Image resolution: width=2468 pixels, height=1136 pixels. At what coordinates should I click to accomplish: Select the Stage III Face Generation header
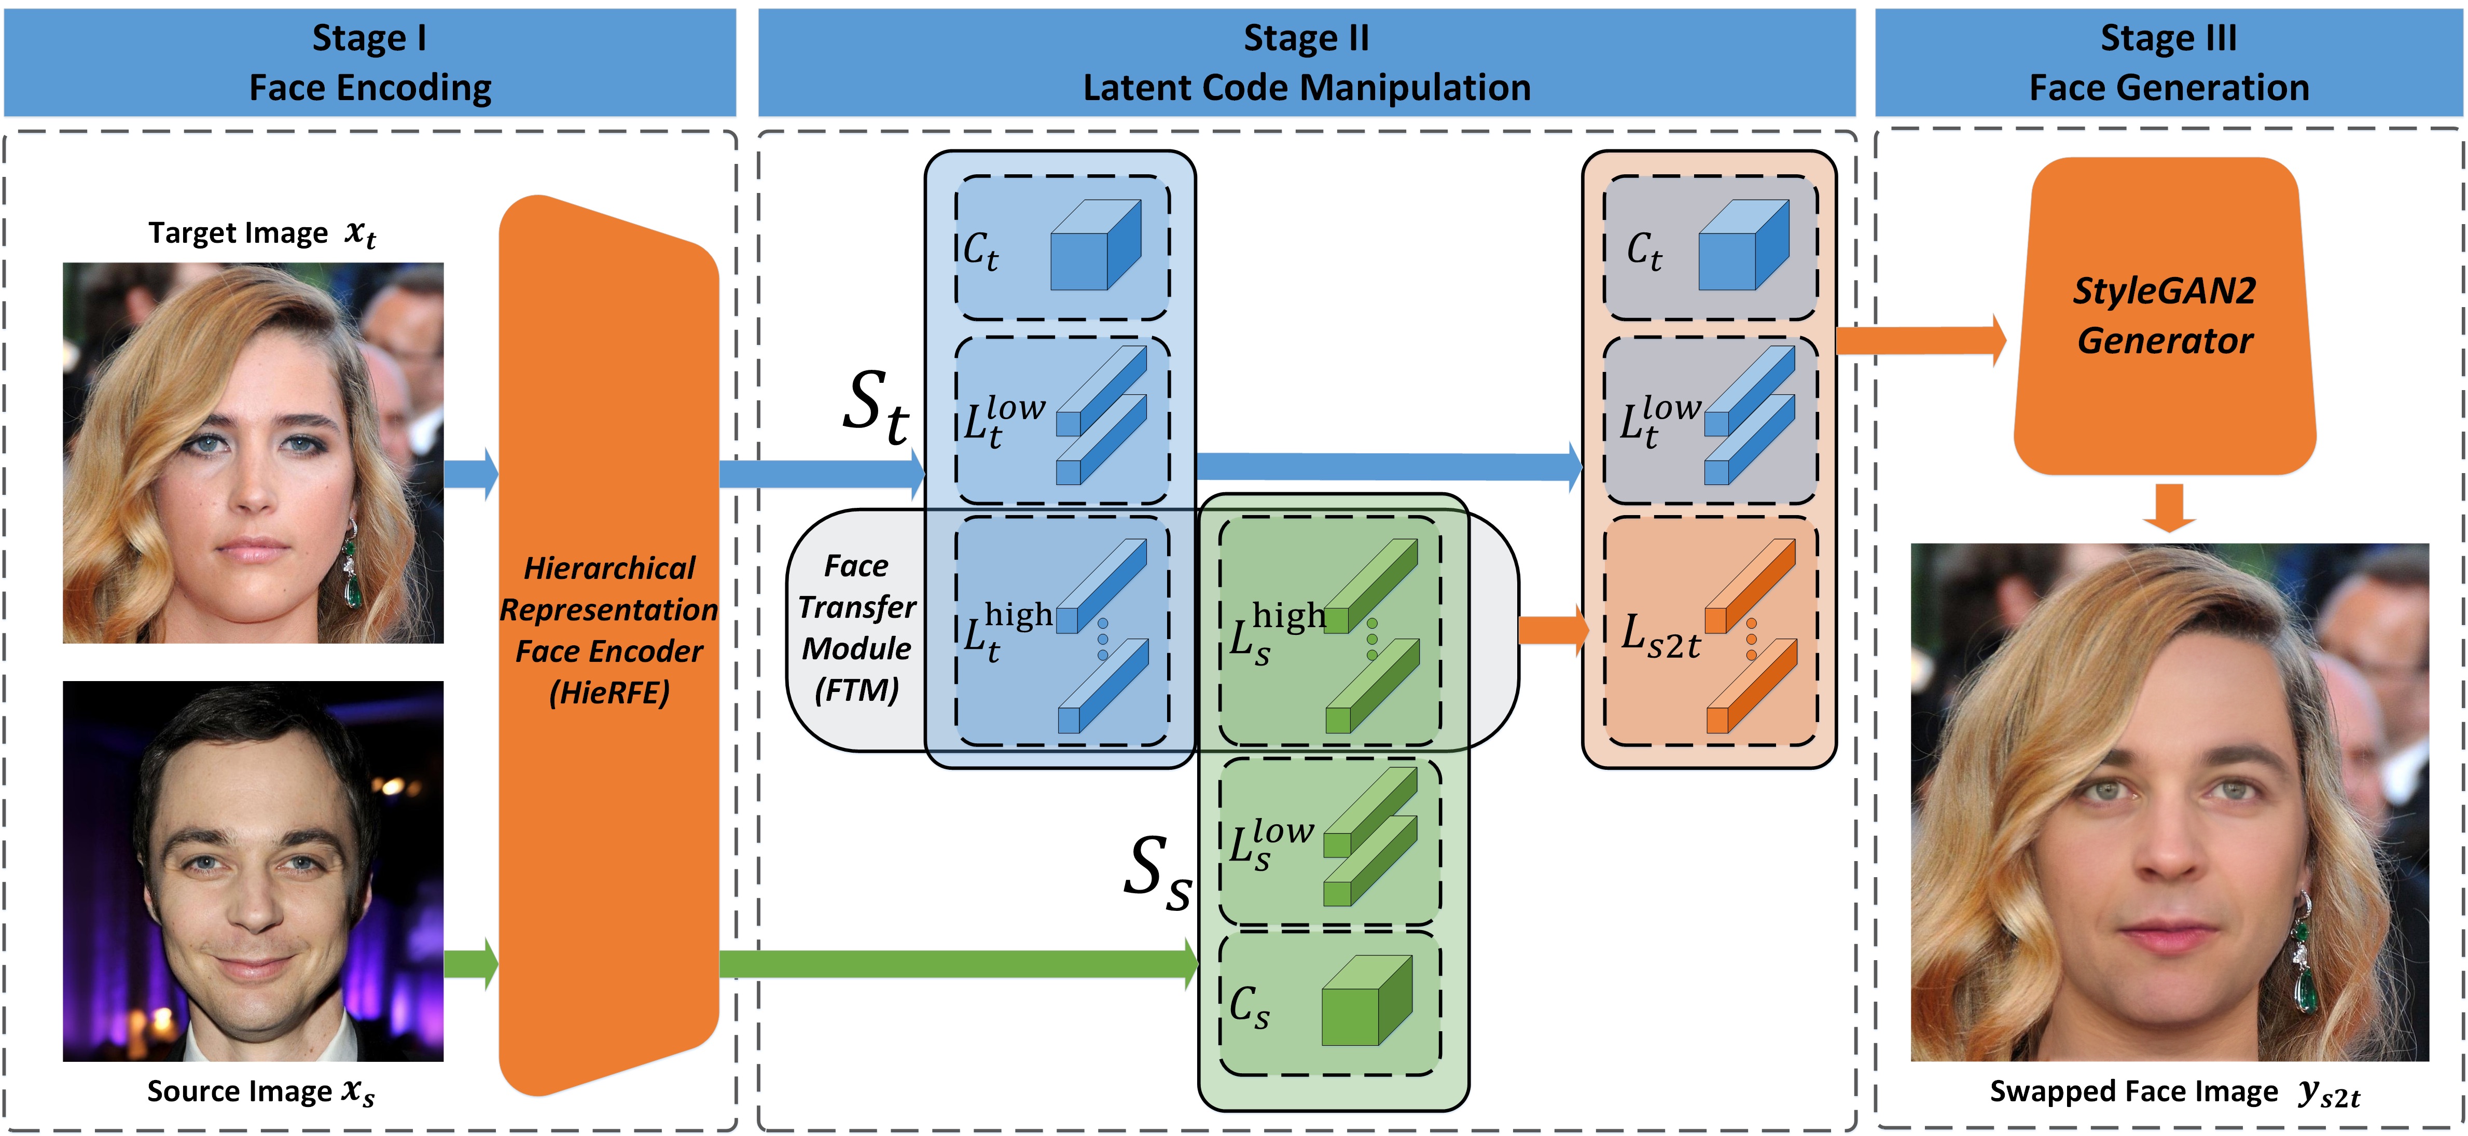pos(2169,62)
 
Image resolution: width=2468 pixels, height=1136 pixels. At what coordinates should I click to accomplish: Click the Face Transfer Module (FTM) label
pos(856,627)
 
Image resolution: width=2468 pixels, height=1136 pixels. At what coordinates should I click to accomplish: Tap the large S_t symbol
pos(875,407)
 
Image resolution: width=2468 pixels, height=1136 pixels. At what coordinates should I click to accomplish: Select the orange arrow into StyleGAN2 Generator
pos(1921,340)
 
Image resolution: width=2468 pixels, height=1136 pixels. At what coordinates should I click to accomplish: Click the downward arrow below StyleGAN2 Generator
pos(2169,508)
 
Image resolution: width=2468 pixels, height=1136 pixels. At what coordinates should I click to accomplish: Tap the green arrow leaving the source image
pos(472,964)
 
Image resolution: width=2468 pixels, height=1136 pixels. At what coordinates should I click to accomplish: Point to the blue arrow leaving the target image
pos(472,473)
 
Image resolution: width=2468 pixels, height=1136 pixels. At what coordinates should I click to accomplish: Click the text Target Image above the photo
pos(238,233)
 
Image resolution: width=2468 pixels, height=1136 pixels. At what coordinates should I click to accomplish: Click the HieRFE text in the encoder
pos(609,691)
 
